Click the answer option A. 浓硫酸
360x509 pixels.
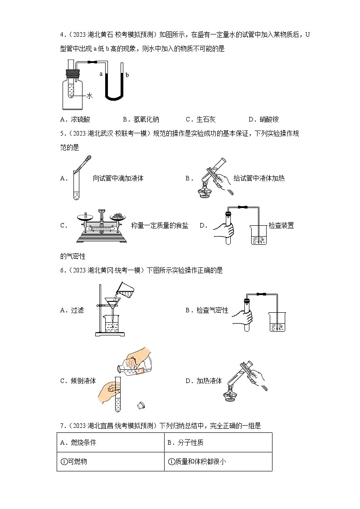coord(75,120)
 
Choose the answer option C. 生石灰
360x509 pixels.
coord(200,120)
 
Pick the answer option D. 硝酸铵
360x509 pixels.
coord(263,120)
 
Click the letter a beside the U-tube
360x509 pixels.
coord(101,73)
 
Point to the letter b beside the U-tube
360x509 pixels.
coord(127,75)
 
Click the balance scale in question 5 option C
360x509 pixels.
coord(101,225)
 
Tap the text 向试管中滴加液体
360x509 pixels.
coord(118,178)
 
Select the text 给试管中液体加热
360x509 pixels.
coord(259,178)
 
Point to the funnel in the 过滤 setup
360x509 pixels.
coord(111,302)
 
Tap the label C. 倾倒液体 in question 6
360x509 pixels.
coord(78,381)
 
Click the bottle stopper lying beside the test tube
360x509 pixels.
coord(141,403)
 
